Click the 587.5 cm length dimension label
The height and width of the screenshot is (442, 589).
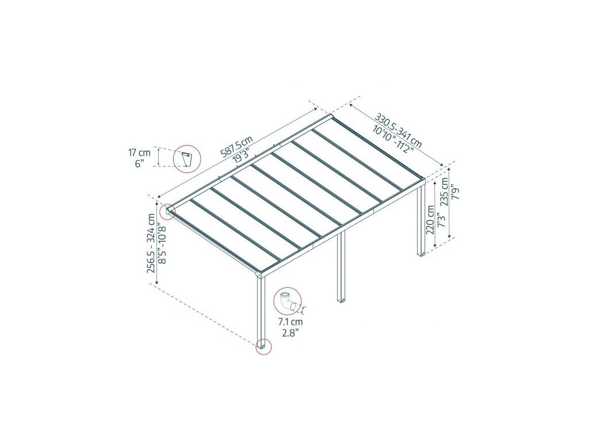[237, 147]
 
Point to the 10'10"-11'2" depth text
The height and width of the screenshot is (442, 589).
[388, 137]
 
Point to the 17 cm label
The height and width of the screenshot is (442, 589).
[139, 153]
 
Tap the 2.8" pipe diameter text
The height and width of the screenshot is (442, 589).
[289, 332]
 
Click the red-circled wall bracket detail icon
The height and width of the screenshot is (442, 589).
[186, 158]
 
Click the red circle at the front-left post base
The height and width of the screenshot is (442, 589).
[262, 346]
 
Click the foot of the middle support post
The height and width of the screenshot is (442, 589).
[341, 300]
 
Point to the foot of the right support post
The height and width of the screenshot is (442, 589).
[421, 253]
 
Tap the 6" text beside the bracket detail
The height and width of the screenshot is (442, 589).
[139, 163]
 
